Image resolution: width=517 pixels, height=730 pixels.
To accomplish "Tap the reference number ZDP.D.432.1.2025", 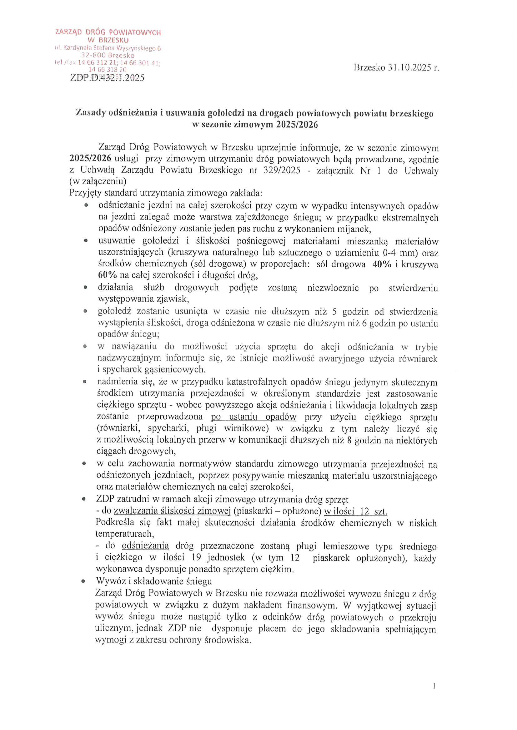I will (x=107, y=78).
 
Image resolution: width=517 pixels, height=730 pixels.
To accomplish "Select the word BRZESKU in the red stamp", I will (x=114, y=40).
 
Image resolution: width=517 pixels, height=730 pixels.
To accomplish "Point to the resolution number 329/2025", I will (x=282, y=170).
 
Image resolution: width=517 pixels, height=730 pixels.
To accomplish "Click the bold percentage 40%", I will (x=382, y=264).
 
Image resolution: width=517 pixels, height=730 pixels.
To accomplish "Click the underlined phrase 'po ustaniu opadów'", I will (x=254, y=417).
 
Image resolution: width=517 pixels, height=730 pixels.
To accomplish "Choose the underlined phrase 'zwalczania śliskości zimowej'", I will (x=172, y=511).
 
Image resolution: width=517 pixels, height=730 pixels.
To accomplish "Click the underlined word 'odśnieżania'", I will (x=145, y=545).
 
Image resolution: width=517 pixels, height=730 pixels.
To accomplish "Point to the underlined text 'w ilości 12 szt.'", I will (x=355, y=511).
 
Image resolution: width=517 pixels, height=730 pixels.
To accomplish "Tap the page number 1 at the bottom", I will (x=434, y=695).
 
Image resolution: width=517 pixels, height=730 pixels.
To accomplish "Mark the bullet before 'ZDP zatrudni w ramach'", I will (x=84, y=499).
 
